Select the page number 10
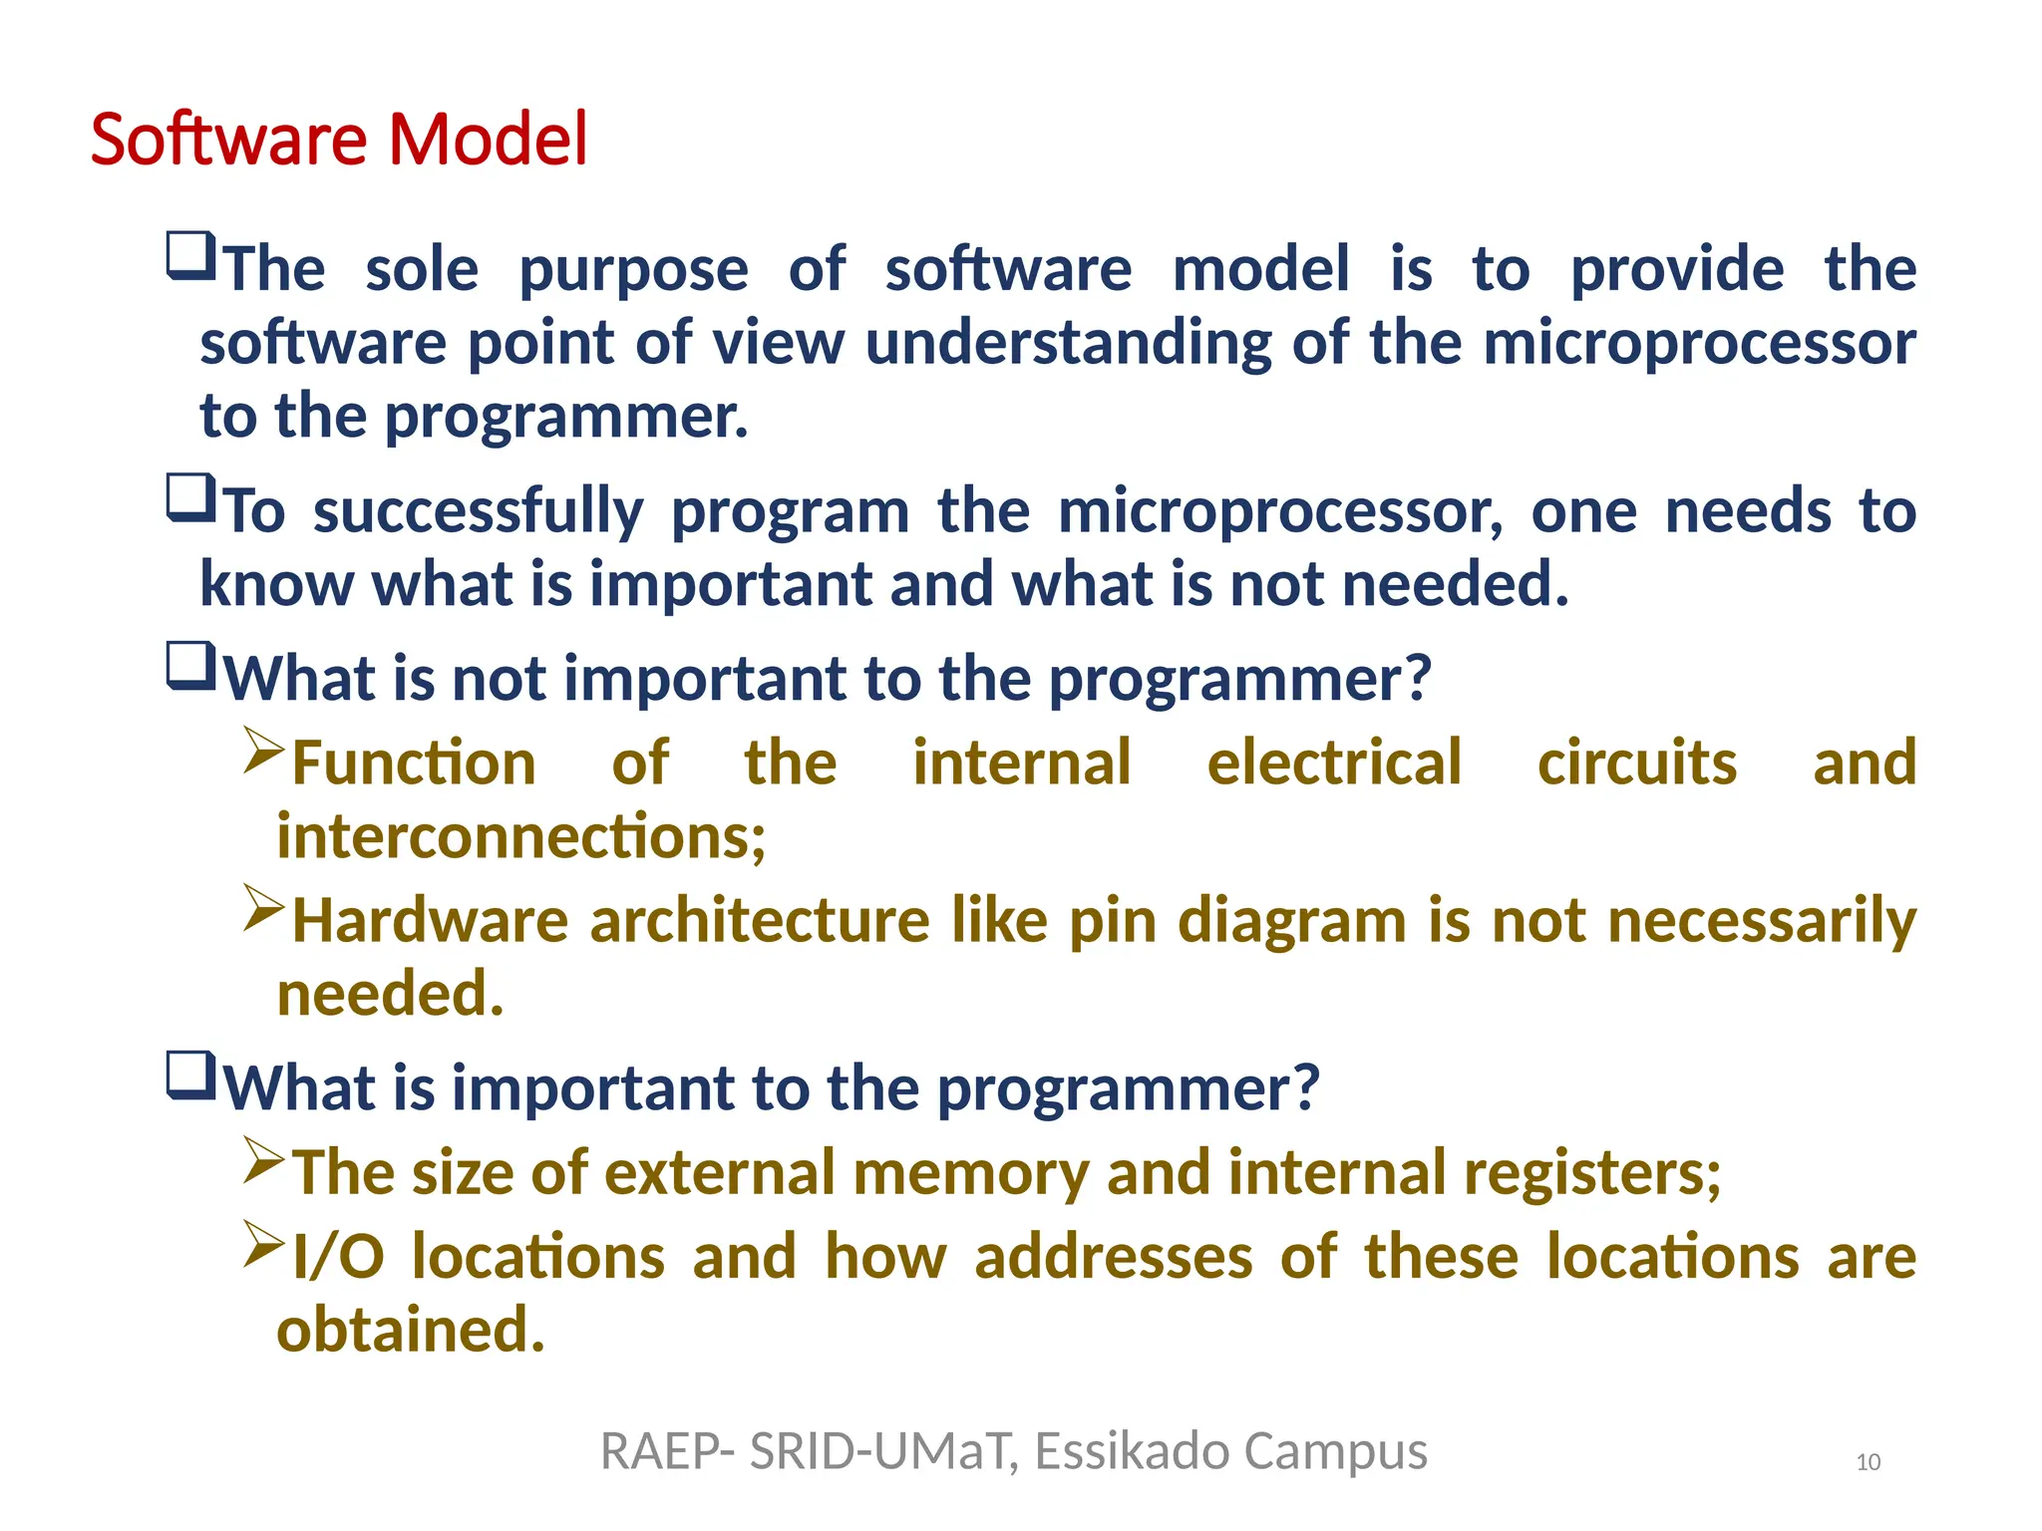(1868, 1462)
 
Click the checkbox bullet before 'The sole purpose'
(190, 256)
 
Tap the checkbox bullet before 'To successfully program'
(190, 497)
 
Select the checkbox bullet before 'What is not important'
(190, 666)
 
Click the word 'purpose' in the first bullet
(633, 271)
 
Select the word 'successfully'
(479, 512)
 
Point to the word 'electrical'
(1333, 764)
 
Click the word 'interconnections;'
(520, 836)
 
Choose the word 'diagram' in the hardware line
(1292, 921)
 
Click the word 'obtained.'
(411, 1331)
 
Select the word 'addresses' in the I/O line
(1113, 1257)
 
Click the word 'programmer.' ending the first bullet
(565, 417)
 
